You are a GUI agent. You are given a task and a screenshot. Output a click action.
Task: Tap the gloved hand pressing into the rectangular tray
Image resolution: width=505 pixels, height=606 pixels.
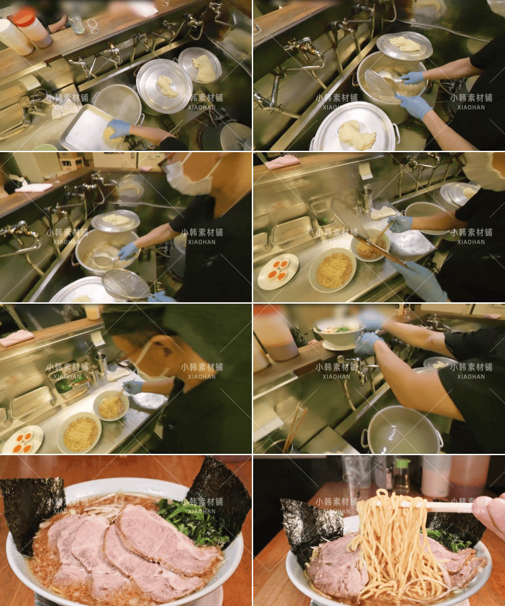[118, 128]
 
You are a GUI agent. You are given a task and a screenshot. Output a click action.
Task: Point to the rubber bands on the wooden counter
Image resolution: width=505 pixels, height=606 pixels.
[92, 26]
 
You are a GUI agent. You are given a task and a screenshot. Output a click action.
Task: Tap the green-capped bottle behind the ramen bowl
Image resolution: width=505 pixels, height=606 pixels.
[402, 475]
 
